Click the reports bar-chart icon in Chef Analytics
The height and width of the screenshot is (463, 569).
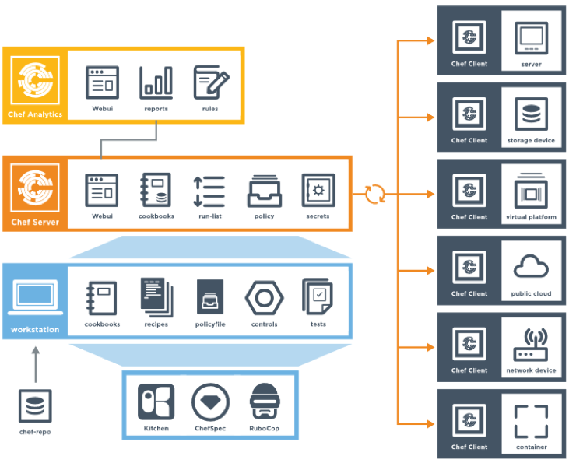click(x=156, y=82)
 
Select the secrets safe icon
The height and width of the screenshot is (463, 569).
click(x=318, y=191)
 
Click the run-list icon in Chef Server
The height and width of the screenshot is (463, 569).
click(x=209, y=191)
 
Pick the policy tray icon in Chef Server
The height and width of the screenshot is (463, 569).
click(x=264, y=191)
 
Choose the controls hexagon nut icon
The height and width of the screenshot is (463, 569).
click(x=264, y=298)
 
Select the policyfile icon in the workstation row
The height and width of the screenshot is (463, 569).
click(x=210, y=297)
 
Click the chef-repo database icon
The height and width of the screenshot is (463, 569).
click(x=35, y=406)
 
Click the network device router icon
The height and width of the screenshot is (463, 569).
click(x=532, y=345)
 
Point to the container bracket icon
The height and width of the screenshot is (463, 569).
click(x=532, y=421)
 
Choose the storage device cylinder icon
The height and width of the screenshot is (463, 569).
click(x=532, y=115)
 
